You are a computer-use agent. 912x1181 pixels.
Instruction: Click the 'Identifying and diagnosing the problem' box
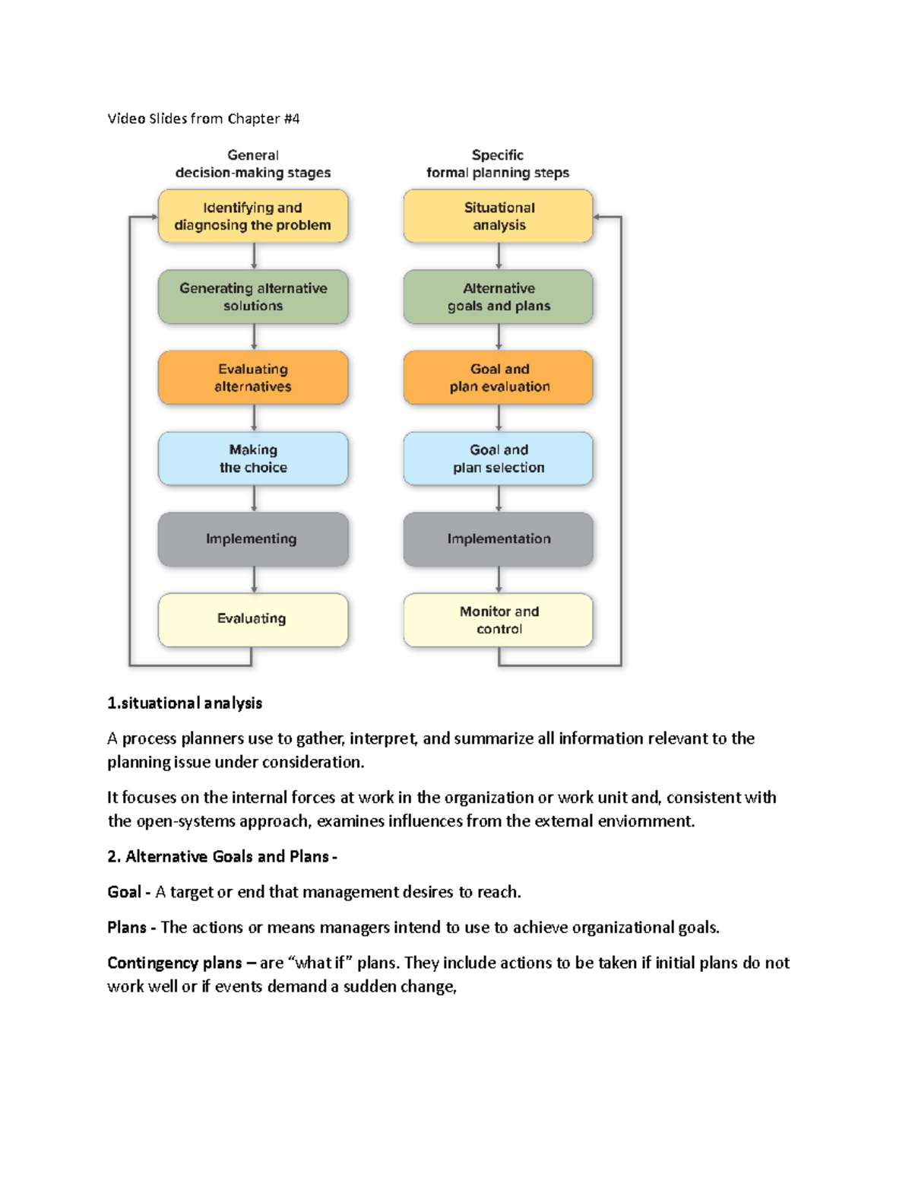(x=253, y=217)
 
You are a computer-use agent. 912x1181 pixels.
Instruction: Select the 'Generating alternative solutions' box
(x=253, y=297)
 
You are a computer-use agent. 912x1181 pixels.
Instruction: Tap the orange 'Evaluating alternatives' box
(x=253, y=378)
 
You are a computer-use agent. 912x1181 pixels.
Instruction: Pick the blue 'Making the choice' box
(x=253, y=459)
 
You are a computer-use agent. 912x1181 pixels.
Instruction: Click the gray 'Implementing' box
(x=253, y=539)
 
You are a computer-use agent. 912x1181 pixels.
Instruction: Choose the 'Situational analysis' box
(x=499, y=217)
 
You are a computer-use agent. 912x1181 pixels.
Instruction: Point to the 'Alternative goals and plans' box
(x=499, y=297)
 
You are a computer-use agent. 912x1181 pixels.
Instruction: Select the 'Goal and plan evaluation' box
(x=499, y=378)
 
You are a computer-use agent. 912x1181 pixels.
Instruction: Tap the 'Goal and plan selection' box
(x=499, y=459)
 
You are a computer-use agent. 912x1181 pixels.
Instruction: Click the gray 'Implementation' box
(x=499, y=539)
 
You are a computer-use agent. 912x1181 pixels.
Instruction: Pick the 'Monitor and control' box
(x=499, y=621)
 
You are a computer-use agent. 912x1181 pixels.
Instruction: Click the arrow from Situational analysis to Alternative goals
(x=499, y=256)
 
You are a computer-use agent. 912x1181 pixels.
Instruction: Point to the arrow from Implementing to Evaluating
(x=254, y=579)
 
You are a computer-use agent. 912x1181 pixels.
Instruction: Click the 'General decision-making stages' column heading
(x=253, y=164)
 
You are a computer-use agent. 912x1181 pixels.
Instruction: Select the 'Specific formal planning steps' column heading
(x=498, y=164)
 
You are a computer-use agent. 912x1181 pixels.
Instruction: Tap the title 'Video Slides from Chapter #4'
(x=204, y=119)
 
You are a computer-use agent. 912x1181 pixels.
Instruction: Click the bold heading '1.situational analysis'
(x=185, y=703)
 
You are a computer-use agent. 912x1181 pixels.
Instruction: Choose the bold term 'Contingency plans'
(x=175, y=964)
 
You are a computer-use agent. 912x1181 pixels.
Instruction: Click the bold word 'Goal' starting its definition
(x=125, y=892)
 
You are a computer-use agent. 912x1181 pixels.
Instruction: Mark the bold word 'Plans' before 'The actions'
(x=127, y=928)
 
